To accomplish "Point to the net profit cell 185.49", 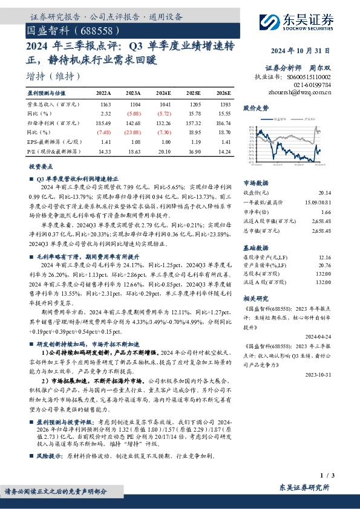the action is point(103,122).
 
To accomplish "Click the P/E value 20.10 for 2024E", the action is point(163,147).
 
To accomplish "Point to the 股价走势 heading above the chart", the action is point(255,108).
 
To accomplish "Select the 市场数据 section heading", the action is point(254,182).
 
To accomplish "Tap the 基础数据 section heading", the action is point(254,248).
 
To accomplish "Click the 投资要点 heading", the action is point(41,165).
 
